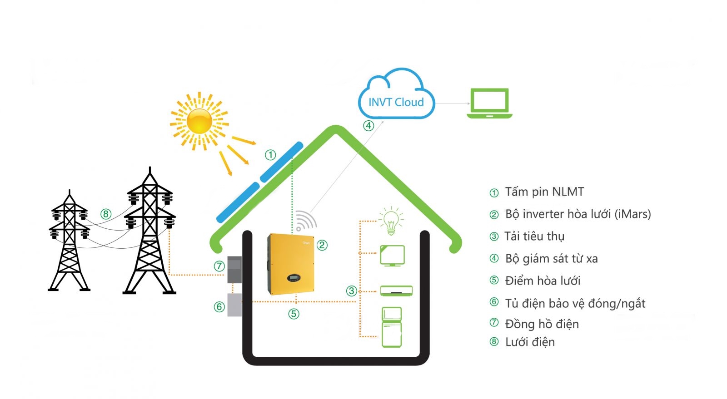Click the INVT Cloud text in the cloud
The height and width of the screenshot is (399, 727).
[x=396, y=102]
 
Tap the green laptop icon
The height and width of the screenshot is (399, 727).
[x=489, y=103]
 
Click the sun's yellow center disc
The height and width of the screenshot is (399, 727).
[x=199, y=121]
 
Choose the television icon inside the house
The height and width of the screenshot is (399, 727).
[x=392, y=256]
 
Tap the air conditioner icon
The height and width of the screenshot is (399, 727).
[x=396, y=291]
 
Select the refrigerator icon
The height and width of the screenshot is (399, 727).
[x=392, y=327]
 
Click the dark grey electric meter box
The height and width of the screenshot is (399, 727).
[x=234, y=270]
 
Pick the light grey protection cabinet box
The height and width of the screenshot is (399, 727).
[x=234, y=305]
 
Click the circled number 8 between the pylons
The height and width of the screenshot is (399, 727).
[x=106, y=214]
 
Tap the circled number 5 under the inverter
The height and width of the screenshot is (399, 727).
[x=294, y=314]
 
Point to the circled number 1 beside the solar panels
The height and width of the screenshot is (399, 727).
[x=270, y=155]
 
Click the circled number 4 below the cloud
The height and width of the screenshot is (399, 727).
[x=368, y=126]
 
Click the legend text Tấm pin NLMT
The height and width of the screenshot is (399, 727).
[x=544, y=192]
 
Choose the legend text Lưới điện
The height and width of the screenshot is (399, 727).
[x=530, y=342]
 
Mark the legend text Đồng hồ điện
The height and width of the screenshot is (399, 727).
[x=542, y=324]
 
